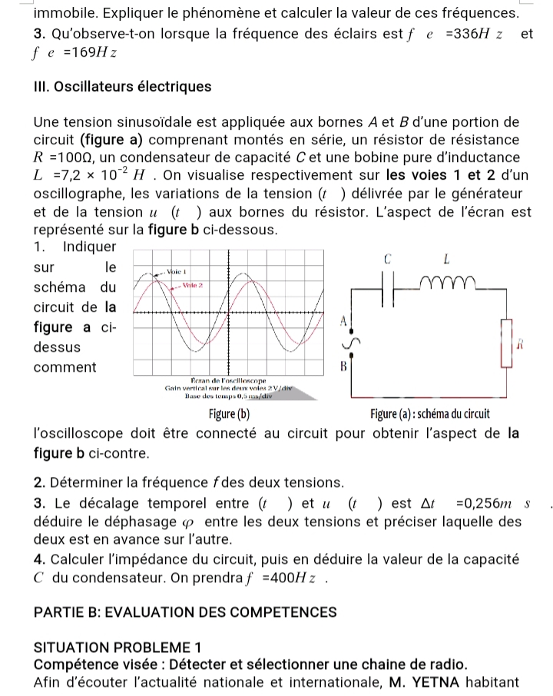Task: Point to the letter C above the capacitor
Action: pos(388,259)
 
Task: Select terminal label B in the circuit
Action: pos(344,366)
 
